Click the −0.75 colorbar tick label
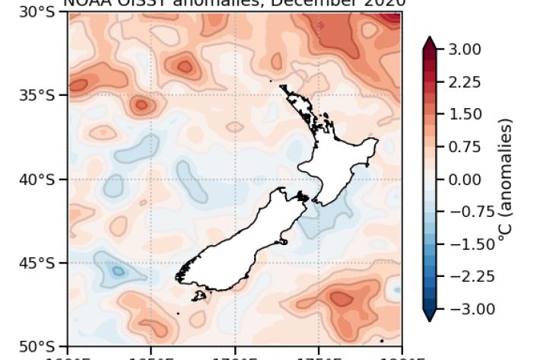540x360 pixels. pyautogui.click(x=462, y=212)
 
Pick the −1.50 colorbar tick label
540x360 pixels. pyautogui.click(x=462, y=244)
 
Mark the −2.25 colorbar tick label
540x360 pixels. pyautogui.click(x=462, y=276)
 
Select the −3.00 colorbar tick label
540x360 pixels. pyautogui.click(x=462, y=309)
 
